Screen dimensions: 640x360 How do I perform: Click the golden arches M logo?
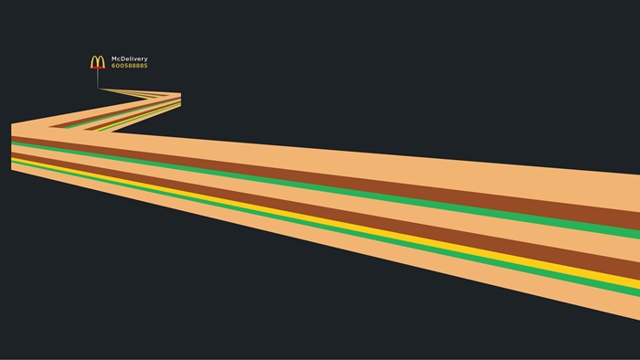click(98, 61)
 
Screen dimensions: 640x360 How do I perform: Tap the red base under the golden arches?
click(98, 68)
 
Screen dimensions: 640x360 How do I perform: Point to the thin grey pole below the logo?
click(98, 79)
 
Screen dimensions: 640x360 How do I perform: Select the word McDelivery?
click(130, 59)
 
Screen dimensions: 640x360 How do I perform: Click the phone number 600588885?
click(130, 66)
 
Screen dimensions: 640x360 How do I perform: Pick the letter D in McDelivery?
click(123, 58)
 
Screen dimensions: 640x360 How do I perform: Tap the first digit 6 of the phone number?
click(113, 66)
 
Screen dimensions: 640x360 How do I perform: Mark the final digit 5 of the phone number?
click(145, 66)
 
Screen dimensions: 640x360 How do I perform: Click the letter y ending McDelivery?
click(145, 59)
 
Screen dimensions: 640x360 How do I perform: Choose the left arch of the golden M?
click(94, 61)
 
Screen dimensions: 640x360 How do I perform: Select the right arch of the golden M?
click(101, 61)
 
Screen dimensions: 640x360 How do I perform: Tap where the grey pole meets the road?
click(98, 89)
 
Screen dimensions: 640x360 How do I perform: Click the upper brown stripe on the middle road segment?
click(115, 113)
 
